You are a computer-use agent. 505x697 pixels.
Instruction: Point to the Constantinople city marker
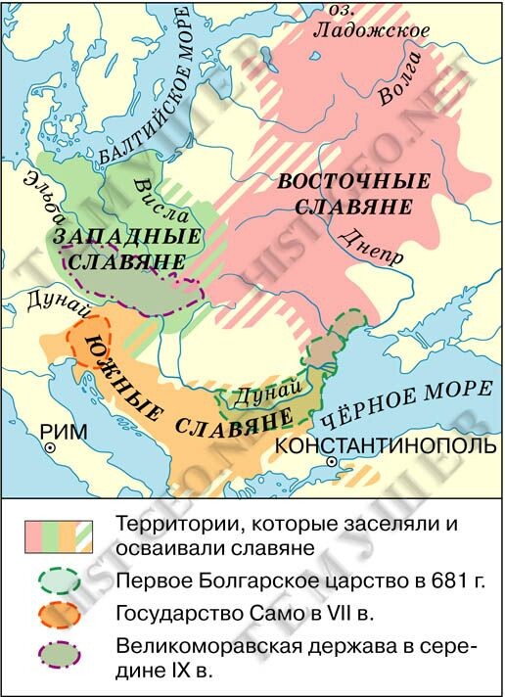[333, 461]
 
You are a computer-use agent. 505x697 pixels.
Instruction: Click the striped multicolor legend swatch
[60, 534]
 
